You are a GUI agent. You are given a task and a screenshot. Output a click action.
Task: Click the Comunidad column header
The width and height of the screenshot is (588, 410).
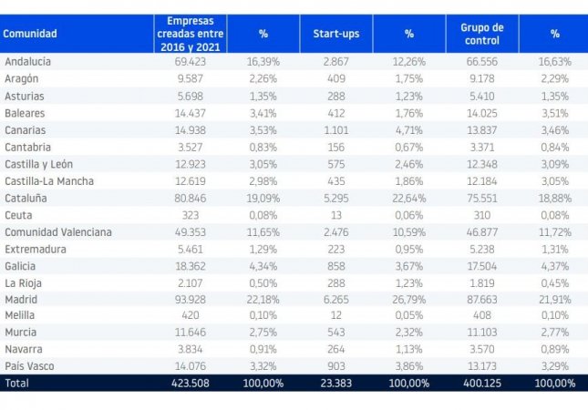tap(30, 34)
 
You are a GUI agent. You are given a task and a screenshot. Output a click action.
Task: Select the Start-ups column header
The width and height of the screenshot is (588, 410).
tap(336, 34)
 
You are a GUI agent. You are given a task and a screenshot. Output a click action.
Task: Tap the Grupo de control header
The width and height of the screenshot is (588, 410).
tap(482, 34)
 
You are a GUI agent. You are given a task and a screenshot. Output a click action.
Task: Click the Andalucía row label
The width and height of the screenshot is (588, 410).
tap(27, 62)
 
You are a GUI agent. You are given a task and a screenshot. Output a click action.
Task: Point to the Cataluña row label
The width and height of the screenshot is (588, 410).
tap(26, 197)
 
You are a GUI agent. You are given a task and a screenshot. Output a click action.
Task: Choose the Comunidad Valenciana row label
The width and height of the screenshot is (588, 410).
tap(57, 231)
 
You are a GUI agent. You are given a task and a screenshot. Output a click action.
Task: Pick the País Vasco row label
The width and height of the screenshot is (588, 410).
tap(31, 366)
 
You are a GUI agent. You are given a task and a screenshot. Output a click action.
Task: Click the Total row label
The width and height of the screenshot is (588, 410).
tap(17, 384)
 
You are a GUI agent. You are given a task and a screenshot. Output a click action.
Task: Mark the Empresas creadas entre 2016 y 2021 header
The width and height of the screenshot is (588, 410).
tap(190, 34)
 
